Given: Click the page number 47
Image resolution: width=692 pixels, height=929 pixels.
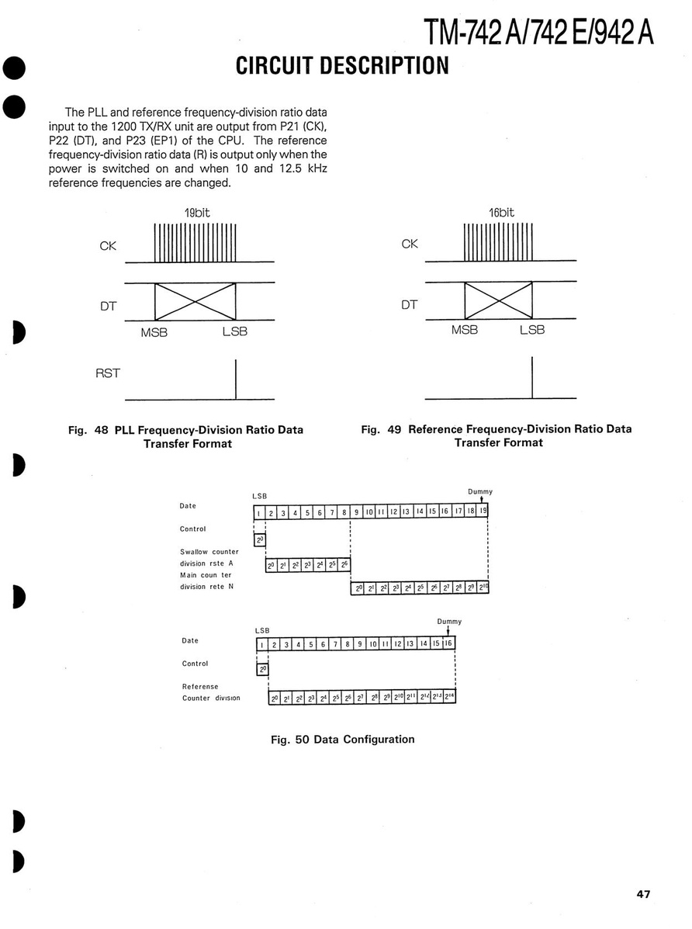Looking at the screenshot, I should [643, 894].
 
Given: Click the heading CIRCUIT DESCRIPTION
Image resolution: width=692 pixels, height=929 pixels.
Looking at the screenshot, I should [342, 65].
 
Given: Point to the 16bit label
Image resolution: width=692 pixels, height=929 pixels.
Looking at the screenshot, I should [501, 212].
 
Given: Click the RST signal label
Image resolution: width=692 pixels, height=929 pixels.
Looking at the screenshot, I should [108, 373].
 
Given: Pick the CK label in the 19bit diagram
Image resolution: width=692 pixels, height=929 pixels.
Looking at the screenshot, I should [108, 246].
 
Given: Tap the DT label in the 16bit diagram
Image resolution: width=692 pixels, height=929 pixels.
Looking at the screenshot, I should [410, 304].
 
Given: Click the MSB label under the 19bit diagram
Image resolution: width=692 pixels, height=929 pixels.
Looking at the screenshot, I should [154, 332].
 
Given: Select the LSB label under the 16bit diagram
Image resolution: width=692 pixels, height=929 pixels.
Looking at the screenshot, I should [532, 329].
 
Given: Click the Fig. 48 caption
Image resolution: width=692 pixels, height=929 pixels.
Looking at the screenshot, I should [186, 436].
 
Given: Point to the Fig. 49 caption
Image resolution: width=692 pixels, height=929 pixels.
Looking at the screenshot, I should [497, 435].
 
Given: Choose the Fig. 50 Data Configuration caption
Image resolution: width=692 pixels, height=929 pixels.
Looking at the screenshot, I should [342, 739].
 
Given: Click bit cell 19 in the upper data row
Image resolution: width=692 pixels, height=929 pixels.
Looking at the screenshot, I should [483, 511].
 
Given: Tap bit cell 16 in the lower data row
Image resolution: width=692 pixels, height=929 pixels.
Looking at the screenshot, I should [448, 644].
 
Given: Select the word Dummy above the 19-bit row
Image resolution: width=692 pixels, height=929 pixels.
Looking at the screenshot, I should [480, 491].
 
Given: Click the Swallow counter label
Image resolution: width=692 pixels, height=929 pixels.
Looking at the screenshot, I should [209, 552].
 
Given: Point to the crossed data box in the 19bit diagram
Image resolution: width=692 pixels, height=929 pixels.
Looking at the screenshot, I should [195, 301].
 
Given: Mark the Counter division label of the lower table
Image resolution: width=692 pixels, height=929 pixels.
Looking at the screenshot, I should [211, 698].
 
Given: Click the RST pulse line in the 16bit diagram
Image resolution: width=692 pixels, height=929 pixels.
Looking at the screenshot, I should [532, 377].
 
